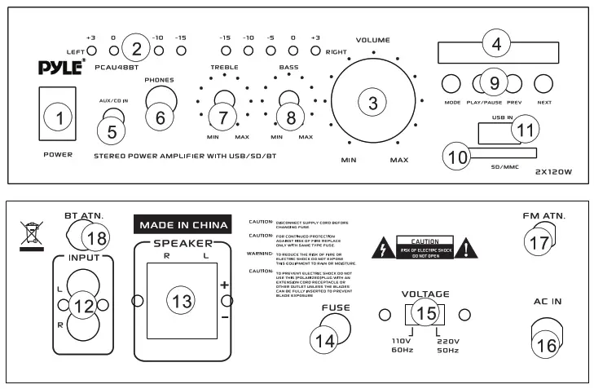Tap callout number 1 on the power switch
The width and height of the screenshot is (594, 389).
coord(57,119)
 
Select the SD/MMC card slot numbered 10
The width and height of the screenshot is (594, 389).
coord(489,154)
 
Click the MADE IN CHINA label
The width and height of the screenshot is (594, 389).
coord(178,223)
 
